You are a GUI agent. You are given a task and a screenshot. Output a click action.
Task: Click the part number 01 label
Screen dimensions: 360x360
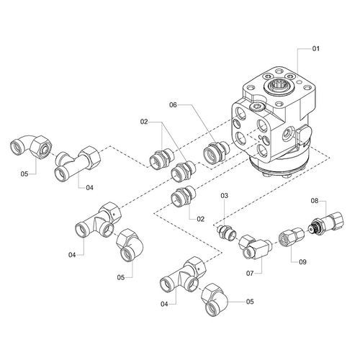coord(315,49)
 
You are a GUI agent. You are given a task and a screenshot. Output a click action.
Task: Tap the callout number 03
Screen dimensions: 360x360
coord(224,196)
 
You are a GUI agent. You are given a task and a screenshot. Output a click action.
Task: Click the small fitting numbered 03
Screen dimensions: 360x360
coord(226,233)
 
